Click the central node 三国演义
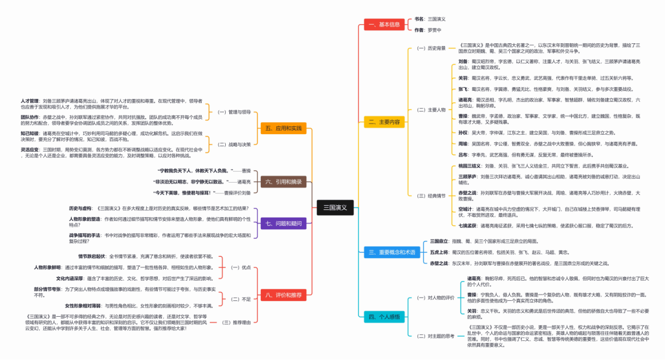pos(335,207)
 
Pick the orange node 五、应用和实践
pos(283,128)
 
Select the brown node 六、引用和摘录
pos(283,182)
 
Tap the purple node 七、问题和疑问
pos(283,223)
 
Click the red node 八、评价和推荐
pos(283,296)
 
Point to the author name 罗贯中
pos(434,30)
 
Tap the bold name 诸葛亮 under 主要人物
pos(465,99)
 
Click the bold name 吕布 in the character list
pos(463,155)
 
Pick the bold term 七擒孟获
pos(468,226)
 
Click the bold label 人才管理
pos(30,101)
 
